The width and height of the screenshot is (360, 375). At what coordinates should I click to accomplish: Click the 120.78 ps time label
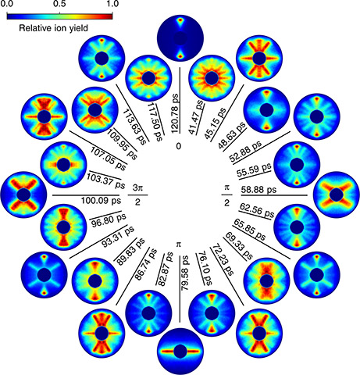176,113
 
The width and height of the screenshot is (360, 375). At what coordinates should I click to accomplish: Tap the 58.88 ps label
258,189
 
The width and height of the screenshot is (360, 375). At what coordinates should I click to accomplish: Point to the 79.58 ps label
185,273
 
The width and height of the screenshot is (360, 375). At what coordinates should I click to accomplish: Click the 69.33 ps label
239,246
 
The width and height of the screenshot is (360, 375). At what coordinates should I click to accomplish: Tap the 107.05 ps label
109,159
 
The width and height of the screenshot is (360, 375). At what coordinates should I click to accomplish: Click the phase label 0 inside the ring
178,146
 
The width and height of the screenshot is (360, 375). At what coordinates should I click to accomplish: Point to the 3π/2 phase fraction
137,195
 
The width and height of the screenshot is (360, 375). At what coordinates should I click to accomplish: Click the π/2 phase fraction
226,195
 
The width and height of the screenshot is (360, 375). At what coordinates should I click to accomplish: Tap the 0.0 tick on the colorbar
6,4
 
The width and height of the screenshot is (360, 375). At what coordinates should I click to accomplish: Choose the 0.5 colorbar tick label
60,4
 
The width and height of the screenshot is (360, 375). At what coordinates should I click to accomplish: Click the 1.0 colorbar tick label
112,4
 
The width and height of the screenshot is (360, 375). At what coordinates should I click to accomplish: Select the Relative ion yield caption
54,27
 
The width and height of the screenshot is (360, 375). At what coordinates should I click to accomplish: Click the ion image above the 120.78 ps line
180,38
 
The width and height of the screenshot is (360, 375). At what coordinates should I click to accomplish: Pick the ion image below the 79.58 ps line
180,352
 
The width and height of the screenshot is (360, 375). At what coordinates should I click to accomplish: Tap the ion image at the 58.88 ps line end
337,195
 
